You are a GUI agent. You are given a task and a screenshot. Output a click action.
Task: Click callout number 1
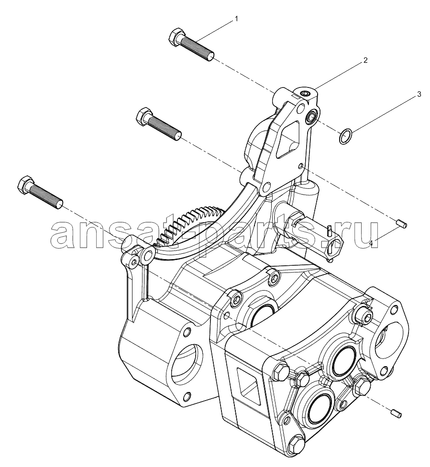236,19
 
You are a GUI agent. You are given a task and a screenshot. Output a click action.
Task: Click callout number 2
365,60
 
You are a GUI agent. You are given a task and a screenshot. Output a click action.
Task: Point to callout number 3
419,95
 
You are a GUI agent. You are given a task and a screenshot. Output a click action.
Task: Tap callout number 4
371,243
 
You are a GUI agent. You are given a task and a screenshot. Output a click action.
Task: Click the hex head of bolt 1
174,37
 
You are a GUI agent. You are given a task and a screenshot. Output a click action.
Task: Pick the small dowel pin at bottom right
397,413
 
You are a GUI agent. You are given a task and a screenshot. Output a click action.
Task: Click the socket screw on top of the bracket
305,94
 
